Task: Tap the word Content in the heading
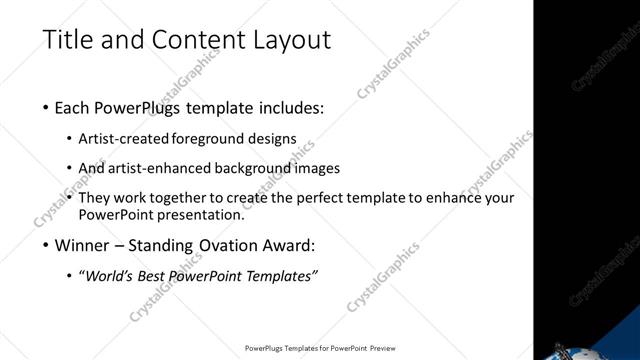(x=183, y=40)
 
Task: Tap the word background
(x=255, y=168)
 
